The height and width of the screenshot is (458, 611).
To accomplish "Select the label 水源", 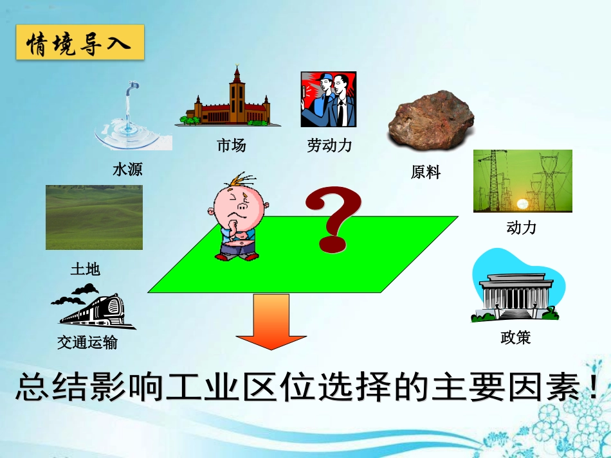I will click(x=127, y=170).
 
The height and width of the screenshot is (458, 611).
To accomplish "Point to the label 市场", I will click(x=231, y=146).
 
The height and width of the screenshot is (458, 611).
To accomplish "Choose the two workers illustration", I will click(x=328, y=100).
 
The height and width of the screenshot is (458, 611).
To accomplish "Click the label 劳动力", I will click(x=329, y=146).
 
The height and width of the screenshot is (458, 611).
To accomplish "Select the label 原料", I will click(x=425, y=172).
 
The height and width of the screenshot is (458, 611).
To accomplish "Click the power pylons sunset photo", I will click(x=522, y=181).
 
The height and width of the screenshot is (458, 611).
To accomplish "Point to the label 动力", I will click(x=521, y=227).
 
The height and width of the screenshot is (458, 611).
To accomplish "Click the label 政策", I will click(x=515, y=337).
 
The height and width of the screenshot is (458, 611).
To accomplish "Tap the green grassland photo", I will click(x=94, y=217).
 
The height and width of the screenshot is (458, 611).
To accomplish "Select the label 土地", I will click(x=85, y=269).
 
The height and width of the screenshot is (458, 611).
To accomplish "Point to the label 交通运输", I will click(x=87, y=342).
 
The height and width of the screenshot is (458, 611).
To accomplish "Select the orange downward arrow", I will click(x=271, y=322).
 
